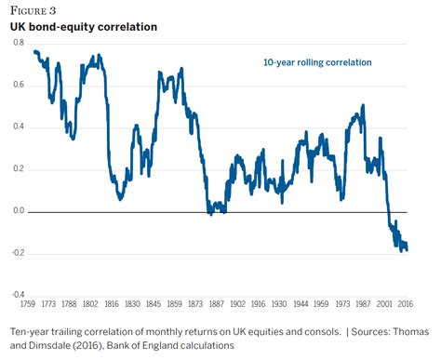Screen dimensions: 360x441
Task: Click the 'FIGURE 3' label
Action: point(33,11)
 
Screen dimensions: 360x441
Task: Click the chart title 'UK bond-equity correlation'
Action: point(83,27)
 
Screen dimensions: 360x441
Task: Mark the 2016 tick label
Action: point(405,304)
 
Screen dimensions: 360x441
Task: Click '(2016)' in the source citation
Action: point(100,347)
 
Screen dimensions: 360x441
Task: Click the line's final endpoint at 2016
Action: point(407,249)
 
